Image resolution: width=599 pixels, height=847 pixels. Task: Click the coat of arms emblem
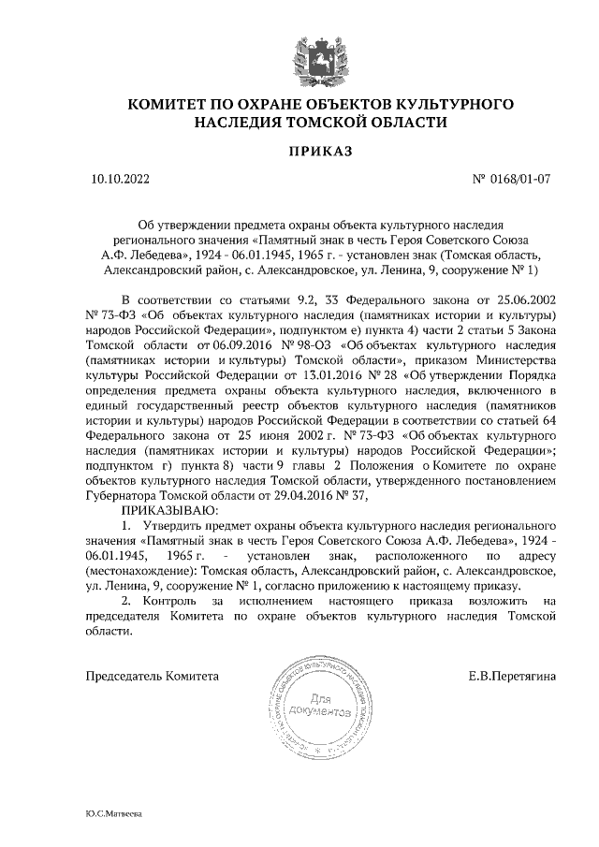coord(299,50)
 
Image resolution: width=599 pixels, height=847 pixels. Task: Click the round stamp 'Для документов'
coord(314,705)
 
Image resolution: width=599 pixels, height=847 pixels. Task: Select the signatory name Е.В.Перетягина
coord(513,675)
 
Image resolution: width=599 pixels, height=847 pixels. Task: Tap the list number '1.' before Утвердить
coord(128,529)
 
